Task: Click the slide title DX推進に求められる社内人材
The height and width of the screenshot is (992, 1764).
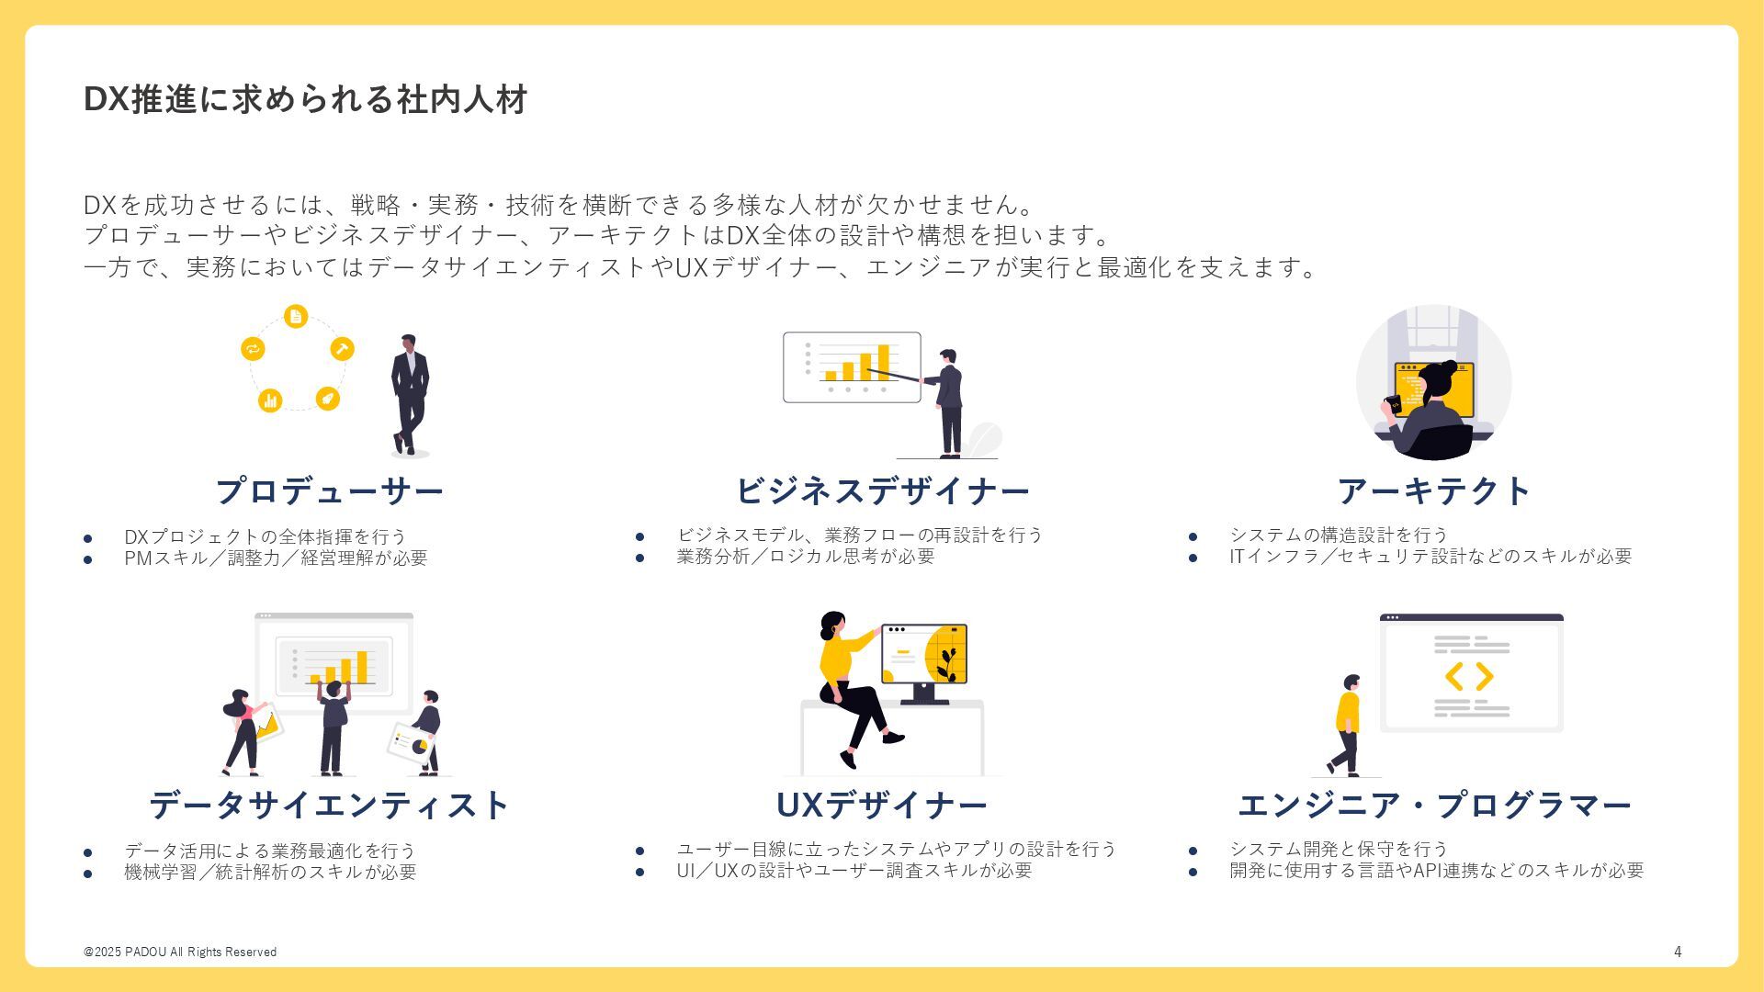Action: [305, 99]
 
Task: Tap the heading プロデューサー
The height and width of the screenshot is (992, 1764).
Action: [329, 491]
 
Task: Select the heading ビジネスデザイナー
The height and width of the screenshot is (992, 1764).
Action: [882, 491]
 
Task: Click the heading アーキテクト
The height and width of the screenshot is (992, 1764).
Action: [1434, 491]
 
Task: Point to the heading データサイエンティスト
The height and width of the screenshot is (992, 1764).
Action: [329, 806]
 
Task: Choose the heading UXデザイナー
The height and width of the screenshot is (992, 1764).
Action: [882, 806]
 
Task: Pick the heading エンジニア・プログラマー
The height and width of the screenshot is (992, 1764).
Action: [1434, 806]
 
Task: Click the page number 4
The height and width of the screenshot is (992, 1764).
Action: [1678, 952]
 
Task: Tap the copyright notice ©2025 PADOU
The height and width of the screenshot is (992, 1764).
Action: [180, 952]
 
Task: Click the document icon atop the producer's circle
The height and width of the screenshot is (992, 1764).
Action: [295, 317]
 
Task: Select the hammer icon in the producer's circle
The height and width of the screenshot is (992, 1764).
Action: [342, 349]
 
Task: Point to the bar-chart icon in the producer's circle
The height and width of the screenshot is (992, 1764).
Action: [270, 400]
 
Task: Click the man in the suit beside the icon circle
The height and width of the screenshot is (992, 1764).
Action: [409, 393]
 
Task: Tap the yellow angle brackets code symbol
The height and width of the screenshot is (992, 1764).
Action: [1469, 677]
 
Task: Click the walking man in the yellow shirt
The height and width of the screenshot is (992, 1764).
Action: [1347, 726]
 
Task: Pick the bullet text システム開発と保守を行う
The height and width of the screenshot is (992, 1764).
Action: [1339, 849]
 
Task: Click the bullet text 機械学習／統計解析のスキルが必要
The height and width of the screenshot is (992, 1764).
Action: [270, 872]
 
